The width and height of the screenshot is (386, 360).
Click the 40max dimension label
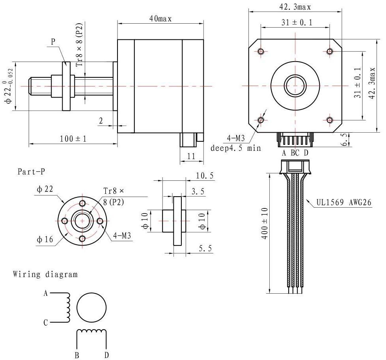[x=160, y=19]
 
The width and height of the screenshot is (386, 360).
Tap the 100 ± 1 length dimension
[x=73, y=139]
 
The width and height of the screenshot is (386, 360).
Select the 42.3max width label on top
[x=295, y=7]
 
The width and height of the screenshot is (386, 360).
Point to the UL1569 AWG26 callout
[x=344, y=203]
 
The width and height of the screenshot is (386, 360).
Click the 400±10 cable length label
[x=265, y=223]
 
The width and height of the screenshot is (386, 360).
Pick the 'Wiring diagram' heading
[x=45, y=274]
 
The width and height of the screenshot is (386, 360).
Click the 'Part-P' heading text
[x=31, y=171]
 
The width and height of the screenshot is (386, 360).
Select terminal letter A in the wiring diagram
[x=46, y=293]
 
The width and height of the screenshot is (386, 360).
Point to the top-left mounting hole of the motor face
[x=261, y=51]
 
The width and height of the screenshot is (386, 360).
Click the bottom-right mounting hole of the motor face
[x=330, y=120]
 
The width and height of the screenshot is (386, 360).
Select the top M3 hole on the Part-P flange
[x=82, y=203]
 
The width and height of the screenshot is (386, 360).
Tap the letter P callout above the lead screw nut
[x=53, y=41]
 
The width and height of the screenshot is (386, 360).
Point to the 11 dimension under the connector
[x=191, y=156]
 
